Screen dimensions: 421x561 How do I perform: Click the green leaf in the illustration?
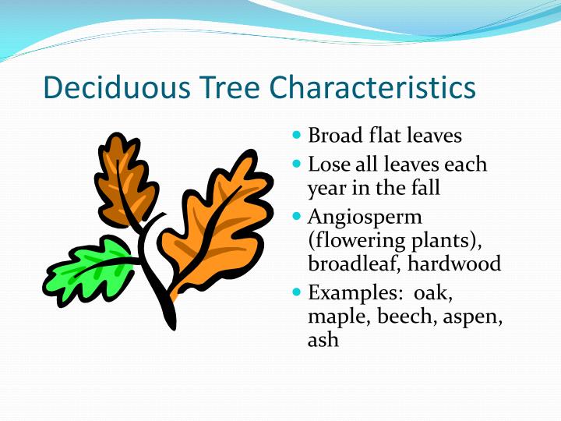point(86,269)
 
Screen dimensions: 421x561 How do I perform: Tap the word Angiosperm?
point(365,217)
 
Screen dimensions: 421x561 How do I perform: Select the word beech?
point(400,317)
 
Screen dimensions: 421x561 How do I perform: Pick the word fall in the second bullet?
point(425,188)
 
